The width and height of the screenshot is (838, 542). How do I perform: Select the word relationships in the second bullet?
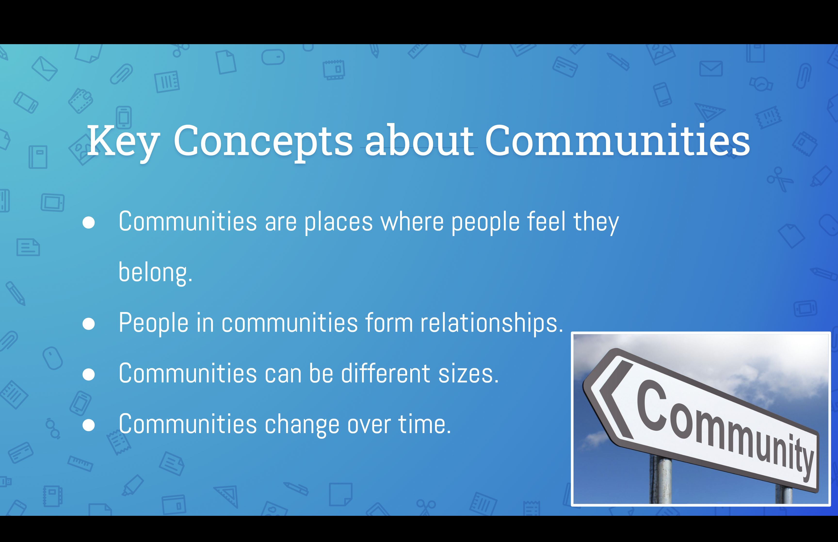492,323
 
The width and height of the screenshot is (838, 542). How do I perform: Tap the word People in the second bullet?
153,323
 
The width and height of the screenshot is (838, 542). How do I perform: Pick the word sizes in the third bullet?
468,374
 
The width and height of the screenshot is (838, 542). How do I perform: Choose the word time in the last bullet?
424,424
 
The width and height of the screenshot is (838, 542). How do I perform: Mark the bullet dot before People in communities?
89,324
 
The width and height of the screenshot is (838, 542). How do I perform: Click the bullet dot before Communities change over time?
89,425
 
